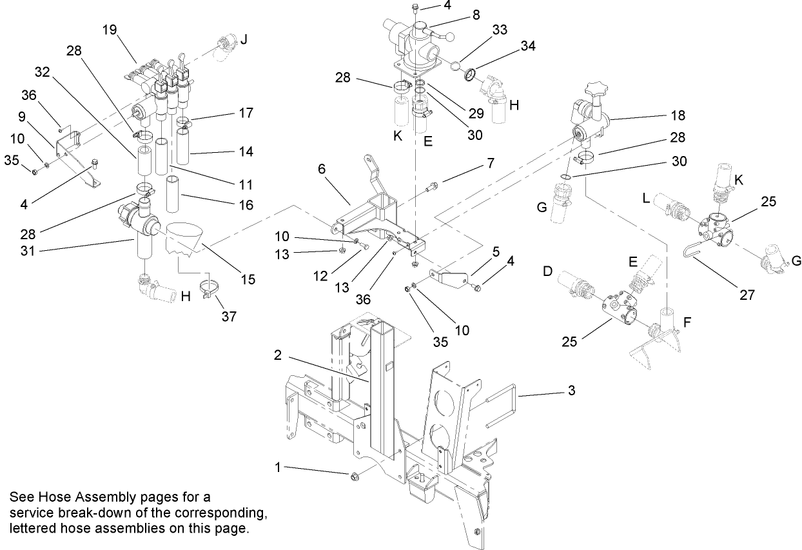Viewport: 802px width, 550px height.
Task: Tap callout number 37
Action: click(229, 317)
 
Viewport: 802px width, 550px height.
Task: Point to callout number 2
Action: click(277, 354)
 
